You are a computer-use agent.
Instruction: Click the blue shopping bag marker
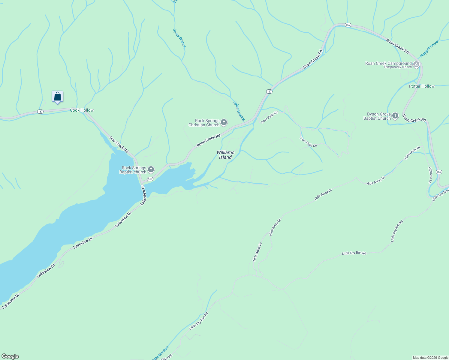coord(57,97)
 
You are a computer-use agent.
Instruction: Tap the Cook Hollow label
coord(82,110)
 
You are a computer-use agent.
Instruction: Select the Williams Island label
coord(225,155)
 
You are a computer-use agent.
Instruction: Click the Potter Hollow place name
coord(421,86)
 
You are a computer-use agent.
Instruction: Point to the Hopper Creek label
coord(429,49)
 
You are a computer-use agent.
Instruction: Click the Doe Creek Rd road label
coord(119,145)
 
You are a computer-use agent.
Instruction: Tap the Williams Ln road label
coord(430,175)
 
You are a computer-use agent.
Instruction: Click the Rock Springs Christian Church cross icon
coord(224,122)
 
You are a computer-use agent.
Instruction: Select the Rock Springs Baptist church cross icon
coord(151,169)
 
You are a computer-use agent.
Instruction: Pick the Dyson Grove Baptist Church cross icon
coord(395,116)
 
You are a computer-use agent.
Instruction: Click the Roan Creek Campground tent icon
coord(416,64)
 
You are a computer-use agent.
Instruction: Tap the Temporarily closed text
coord(397,67)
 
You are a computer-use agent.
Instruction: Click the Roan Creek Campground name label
coord(388,63)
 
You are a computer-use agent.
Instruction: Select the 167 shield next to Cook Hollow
coord(41,112)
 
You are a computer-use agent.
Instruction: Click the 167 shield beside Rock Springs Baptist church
coord(150,179)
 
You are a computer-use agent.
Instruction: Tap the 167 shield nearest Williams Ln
coord(439,172)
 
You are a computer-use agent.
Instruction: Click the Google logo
coord(10,356)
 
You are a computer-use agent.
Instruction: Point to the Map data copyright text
coord(430,358)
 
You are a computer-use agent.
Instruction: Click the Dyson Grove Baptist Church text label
coord(377,116)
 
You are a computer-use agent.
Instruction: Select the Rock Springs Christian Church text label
coord(204,123)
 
